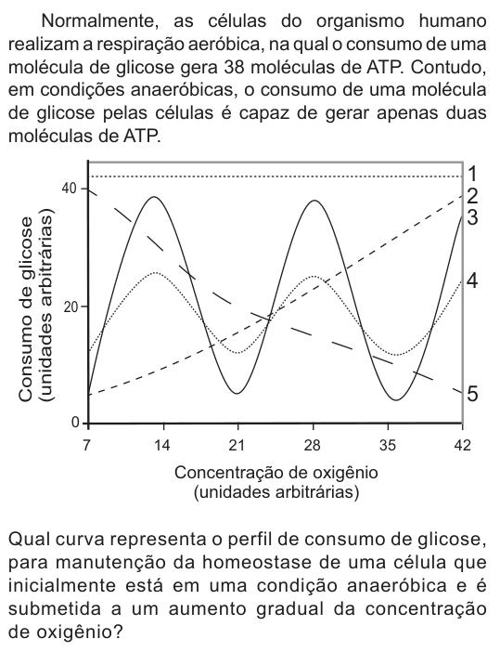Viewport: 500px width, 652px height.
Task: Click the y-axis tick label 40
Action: coord(70,189)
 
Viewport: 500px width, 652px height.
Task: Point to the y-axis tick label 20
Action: coord(70,306)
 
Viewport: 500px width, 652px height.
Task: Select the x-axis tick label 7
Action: coord(86,446)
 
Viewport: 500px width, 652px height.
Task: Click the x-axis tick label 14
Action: coord(162,446)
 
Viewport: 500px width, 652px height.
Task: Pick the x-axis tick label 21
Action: coord(237,446)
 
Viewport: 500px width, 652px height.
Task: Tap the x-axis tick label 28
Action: coord(313,446)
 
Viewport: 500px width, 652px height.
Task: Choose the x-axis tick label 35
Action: coord(388,446)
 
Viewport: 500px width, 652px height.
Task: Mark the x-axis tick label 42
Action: coord(463,446)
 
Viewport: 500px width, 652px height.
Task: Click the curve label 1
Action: coord(472,174)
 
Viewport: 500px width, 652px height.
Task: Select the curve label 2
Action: coord(472,196)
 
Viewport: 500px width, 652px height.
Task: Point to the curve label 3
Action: coord(472,217)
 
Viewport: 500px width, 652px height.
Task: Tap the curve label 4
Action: coord(472,281)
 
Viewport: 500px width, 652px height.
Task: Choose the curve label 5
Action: coord(472,394)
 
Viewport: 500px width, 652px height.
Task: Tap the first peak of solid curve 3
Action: coord(154,197)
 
